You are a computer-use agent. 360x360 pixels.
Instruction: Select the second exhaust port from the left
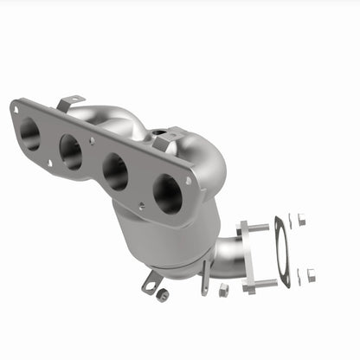(x=71, y=152)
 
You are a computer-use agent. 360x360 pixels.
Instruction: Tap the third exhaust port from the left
(x=114, y=170)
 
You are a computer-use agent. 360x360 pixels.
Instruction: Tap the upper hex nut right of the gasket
(x=301, y=220)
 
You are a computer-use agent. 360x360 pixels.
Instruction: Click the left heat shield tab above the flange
(x=70, y=102)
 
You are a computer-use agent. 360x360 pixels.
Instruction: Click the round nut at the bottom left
(x=162, y=294)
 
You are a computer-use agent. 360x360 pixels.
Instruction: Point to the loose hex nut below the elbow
(x=222, y=290)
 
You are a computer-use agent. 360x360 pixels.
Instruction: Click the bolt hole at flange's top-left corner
(x=16, y=107)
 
